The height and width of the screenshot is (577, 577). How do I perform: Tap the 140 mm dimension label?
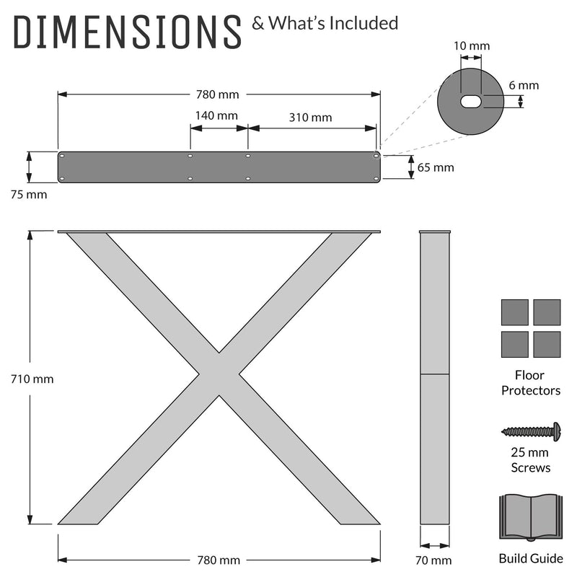point(216,115)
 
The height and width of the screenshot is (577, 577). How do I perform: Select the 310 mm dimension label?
point(310,117)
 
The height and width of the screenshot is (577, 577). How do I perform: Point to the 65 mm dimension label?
point(436,167)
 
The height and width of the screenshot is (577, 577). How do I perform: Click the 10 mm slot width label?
point(472,46)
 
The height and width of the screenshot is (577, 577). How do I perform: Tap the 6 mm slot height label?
point(523,85)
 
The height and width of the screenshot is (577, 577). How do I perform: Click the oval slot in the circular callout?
point(472,100)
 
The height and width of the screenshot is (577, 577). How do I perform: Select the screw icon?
point(532,431)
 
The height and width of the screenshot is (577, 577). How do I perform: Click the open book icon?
point(531,517)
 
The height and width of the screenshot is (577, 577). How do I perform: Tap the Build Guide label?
point(531,558)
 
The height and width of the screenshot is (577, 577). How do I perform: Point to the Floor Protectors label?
point(531,382)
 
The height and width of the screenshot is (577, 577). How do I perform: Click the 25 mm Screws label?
point(531,460)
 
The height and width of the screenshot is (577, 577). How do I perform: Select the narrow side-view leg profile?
point(436,379)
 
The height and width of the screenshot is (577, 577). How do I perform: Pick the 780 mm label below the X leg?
point(219,560)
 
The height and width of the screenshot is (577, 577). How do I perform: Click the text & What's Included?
point(325,23)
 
